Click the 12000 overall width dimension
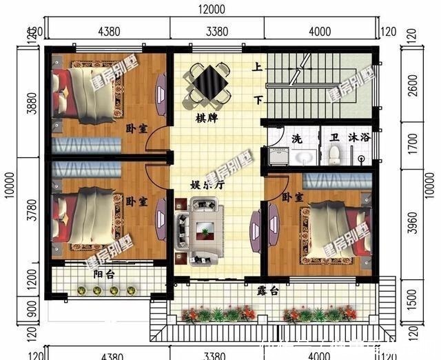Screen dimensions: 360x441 [x=214, y=9]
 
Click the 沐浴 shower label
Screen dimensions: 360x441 [x=360, y=138]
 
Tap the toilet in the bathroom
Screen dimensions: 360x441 [x=334, y=157]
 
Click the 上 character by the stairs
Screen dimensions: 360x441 [x=257, y=68]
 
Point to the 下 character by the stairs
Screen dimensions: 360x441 [x=258, y=101]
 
